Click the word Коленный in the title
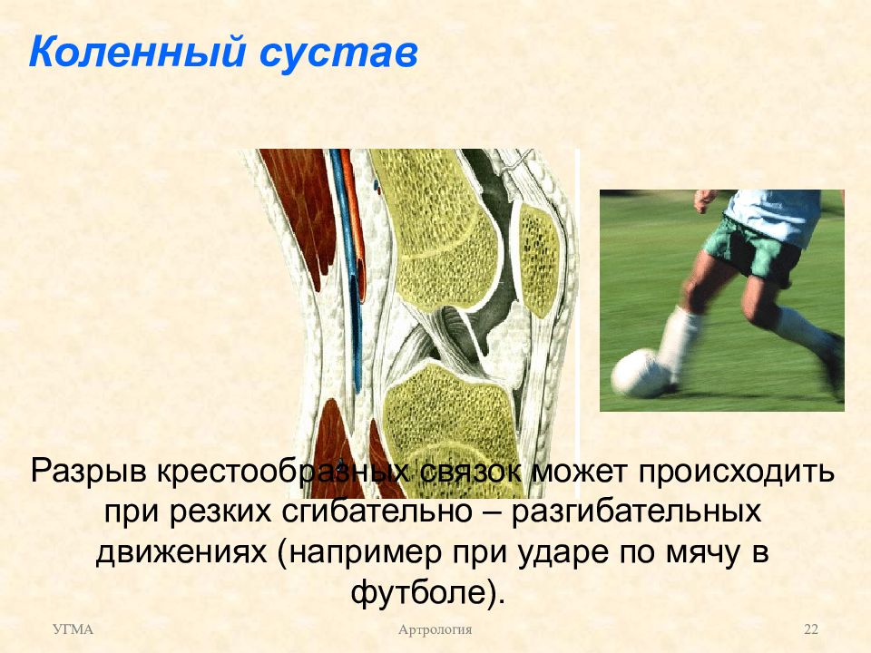[137, 53]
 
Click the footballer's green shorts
[758, 249]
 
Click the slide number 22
[811, 629]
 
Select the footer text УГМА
[73, 629]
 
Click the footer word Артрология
[435, 629]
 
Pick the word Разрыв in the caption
[88, 472]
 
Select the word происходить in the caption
[736, 472]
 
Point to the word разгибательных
[636, 512]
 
